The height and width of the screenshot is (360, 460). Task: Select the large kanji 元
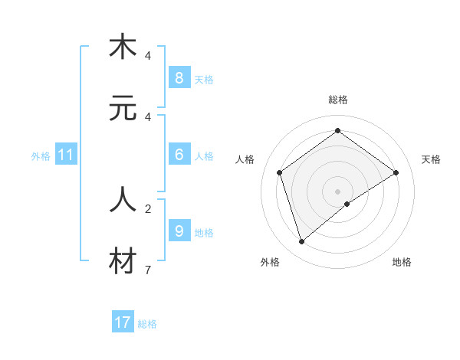pyautogui.click(x=123, y=108)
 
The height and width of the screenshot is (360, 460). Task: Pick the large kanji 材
pyautogui.click(x=123, y=261)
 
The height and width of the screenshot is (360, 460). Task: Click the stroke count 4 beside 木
pyautogui.click(x=148, y=55)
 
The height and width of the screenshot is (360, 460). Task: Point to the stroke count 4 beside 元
pyautogui.click(x=148, y=116)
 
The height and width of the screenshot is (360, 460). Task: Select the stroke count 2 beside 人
pyautogui.click(x=148, y=208)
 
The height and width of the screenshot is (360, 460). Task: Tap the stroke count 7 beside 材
pyautogui.click(x=148, y=270)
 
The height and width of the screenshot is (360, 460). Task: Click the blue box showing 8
pyautogui.click(x=179, y=78)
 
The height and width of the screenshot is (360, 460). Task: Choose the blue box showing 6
pyautogui.click(x=179, y=155)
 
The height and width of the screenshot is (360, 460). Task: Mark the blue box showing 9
pyautogui.click(x=179, y=231)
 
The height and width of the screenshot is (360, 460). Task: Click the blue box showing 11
pyautogui.click(x=65, y=155)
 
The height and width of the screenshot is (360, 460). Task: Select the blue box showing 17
pyautogui.click(x=122, y=322)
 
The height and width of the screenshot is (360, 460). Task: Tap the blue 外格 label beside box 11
pyautogui.click(x=41, y=156)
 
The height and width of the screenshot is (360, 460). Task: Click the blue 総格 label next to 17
pyautogui.click(x=147, y=324)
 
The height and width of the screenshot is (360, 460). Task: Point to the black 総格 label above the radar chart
pyautogui.click(x=337, y=100)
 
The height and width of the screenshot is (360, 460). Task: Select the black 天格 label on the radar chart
pyautogui.click(x=431, y=159)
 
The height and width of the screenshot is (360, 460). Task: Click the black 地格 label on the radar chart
pyautogui.click(x=402, y=262)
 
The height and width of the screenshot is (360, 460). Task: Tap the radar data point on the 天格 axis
pyautogui.click(x=396, y=172)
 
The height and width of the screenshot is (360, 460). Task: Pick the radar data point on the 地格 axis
pyautogui.click(x=347, y=204)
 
